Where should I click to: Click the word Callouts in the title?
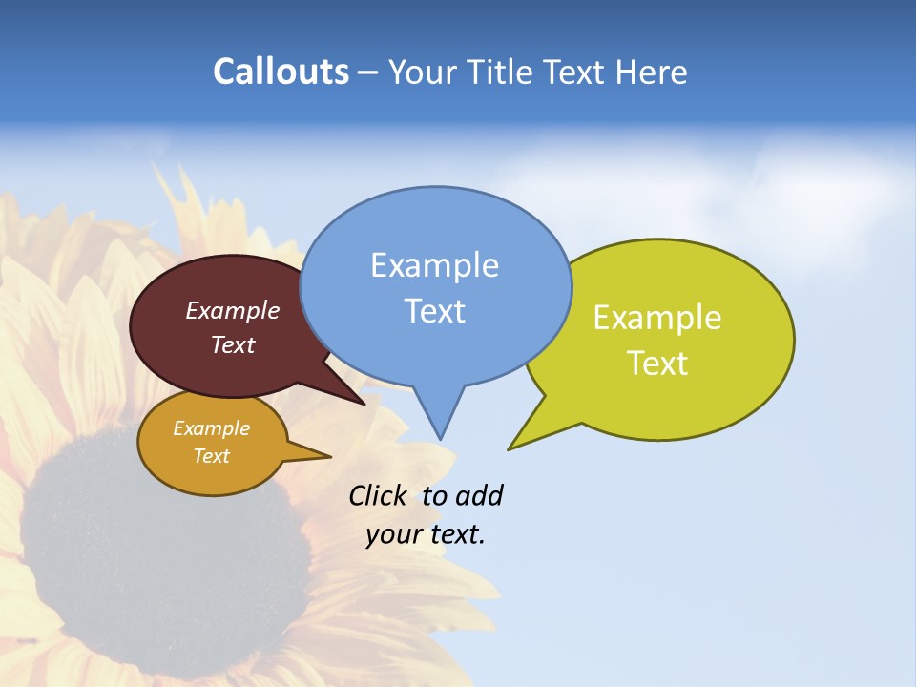click(x=281, y=72)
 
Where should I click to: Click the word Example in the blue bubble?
click(x=434, y=265)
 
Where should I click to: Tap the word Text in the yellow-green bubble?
click(x=657, y=363)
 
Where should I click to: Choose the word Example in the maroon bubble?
click(x=233, y=310)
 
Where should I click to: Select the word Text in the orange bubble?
click(x=212, y=456)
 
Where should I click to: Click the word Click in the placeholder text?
click(x=378, y=495)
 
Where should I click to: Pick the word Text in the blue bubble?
click(x=434, y=311)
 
